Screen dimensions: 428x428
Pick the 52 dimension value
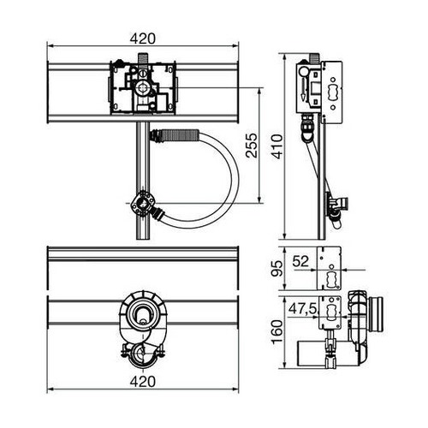coord(300,259)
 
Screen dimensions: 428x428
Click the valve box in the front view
coord(141,87)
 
